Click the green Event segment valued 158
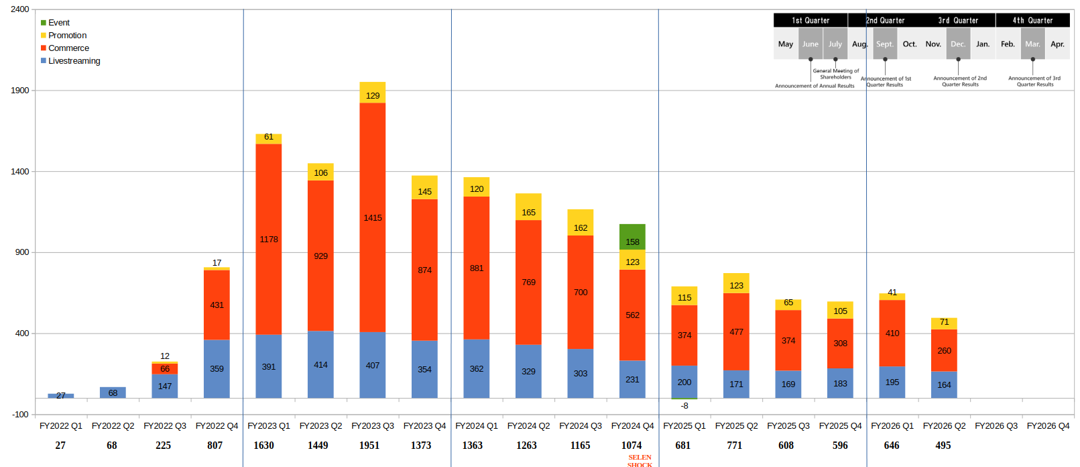tap(632, 236)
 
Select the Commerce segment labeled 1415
tap(373, 217)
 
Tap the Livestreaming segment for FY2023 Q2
tap(320, 364)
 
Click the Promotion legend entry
tap(67, 36)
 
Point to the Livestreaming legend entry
tap(74, 61)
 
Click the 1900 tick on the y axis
tap(20, 91)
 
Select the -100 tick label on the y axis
tap(20, 415)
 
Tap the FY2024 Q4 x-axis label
tap(632, 426)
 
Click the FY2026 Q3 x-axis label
tap(996, 426)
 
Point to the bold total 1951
tap(369, 446)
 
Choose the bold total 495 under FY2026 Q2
tap(943, 446)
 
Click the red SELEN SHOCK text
tap(640, 460)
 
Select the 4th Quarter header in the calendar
tap(1032, 20)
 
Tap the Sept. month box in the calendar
tap(885, 44)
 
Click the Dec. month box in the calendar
tap(958, 44)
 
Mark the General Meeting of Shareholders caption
tap(835, 74)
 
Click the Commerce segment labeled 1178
tap(269, 239)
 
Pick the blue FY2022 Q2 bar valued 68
tap(113, 393)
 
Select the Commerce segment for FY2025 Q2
tap(736, 331)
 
